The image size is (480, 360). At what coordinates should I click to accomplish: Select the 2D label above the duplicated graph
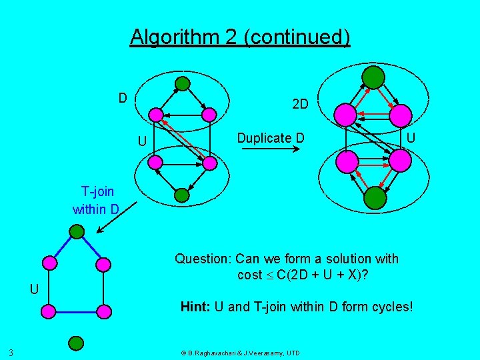(x=300, y=104)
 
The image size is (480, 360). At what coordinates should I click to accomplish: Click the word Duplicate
(x=264, y=138)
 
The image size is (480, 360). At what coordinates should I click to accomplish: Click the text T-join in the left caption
(x=97, y=193)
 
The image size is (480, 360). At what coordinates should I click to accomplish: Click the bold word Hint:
(x=196, y=307)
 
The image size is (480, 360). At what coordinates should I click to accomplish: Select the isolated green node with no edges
(x=76, y=343)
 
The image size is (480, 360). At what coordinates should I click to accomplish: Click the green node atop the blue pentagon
(x=77, y=232)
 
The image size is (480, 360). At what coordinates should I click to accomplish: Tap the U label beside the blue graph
(x=34, y=289)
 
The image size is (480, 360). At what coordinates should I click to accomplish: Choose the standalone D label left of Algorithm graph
(x=123, y=98)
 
